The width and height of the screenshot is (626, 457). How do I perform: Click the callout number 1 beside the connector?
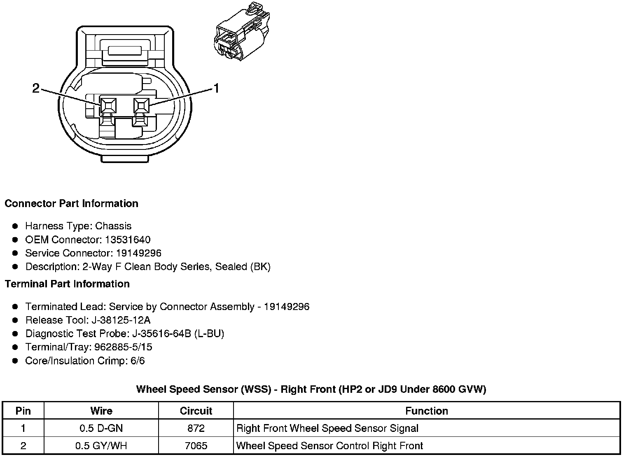(215, 88)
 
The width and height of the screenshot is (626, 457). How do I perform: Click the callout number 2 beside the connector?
(36, 88)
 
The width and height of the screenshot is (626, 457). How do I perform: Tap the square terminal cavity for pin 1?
(141, 106)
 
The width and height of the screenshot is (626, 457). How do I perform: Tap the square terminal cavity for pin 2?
(108, 106)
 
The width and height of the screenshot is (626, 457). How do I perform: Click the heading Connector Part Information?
(71, 204)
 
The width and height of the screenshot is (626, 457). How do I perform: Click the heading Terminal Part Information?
(67, 284)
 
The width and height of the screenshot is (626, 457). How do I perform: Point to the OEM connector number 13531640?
(128, 240)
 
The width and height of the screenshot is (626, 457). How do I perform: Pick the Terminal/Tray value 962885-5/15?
(123, 347)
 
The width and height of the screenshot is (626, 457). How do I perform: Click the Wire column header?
(101, 411)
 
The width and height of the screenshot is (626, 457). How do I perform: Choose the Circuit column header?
(196, 411)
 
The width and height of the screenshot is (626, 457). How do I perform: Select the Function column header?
(427, 411)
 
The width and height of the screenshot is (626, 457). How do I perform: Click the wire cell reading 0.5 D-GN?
(101, 428)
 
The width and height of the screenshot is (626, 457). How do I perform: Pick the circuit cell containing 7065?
(196, 446)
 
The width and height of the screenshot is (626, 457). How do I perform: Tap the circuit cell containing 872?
(196, 428)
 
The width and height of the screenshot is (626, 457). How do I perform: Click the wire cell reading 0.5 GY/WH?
(101, 446)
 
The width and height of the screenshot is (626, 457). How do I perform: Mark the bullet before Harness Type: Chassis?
(15, 226)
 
